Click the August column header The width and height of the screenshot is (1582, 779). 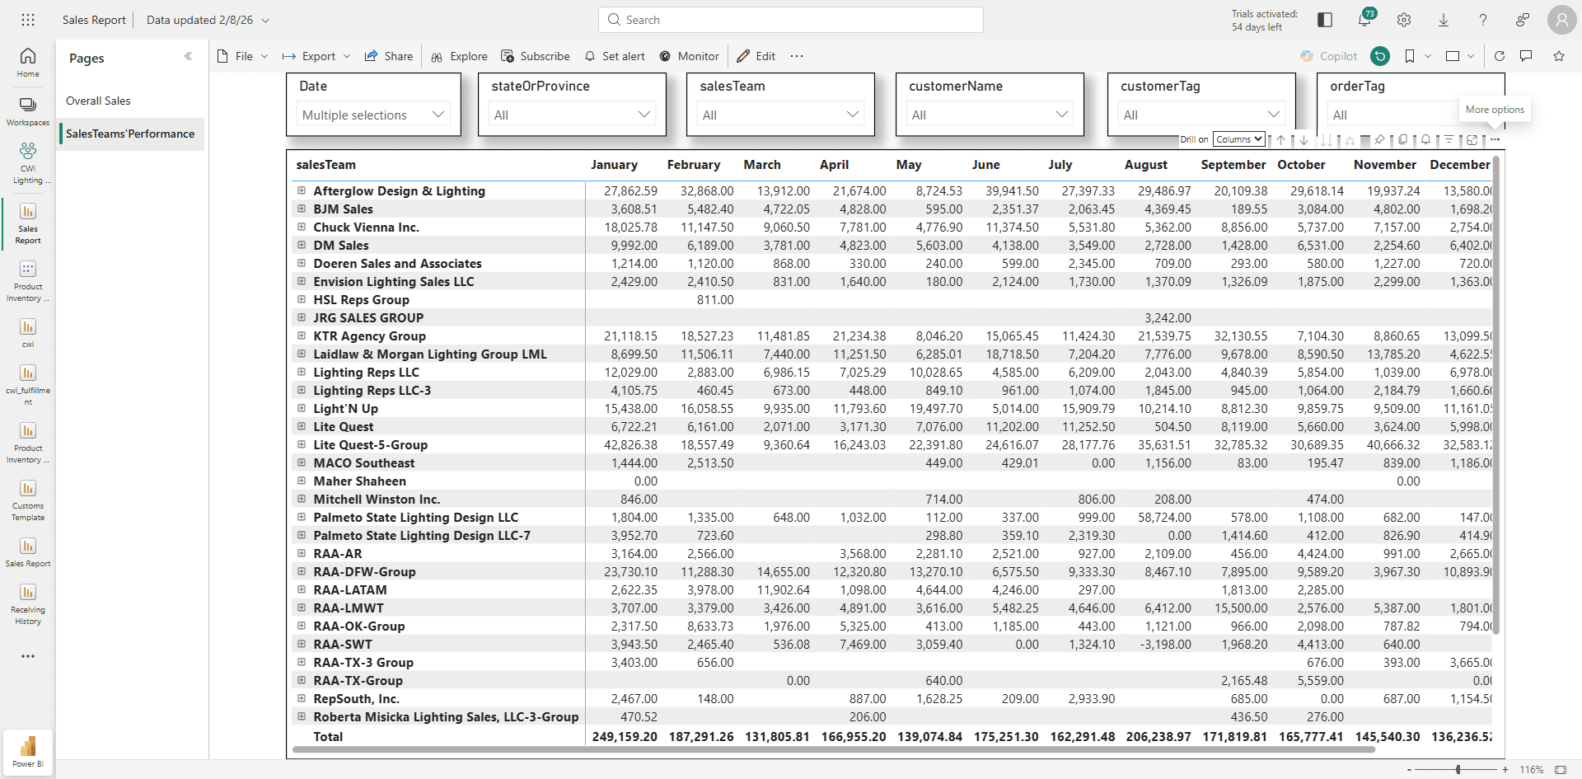(1145, 165)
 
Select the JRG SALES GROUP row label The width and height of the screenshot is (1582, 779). (368, 318)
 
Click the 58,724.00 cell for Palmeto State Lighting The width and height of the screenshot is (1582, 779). (1164, 518)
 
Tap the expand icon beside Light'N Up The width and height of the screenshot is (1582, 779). (302, 408)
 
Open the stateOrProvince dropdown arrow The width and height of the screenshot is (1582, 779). (644, 115)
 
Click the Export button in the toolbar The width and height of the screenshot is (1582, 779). (316, 56)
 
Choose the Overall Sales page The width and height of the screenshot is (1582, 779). (98, 101)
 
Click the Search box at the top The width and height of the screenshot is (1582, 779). (791, 20)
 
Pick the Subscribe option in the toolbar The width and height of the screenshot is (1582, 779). (536, 56)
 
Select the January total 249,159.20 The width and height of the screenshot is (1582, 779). (625, 737)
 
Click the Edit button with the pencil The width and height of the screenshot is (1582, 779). (756, 56)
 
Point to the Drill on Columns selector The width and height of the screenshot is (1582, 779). (1239, 139)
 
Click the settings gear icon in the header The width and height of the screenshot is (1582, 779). (1404, 20)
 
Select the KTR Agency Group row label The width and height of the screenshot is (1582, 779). (369, 336)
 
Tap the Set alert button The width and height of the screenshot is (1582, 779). (615, 56)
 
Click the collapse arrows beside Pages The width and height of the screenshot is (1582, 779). (188, 56)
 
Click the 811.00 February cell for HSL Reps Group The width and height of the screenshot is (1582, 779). (715, 300)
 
